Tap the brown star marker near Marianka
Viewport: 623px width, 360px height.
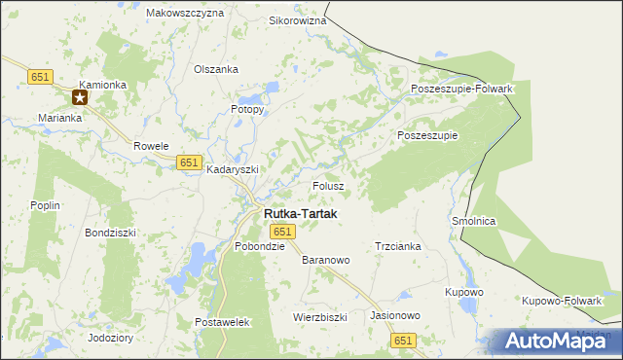coord(80,97)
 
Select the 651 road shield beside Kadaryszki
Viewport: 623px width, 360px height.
coord(190,162)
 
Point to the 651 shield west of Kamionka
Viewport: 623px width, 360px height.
coord(40,76)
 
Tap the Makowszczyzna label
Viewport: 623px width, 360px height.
coord(184,14)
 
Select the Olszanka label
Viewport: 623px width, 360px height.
coord(216,69)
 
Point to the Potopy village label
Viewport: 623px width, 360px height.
coord(247,109)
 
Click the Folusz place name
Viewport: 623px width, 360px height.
coord(328,185)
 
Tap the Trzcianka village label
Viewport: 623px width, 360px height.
coord(397,246)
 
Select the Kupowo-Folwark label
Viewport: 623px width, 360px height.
coord(562,300)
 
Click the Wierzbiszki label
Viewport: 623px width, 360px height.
coord(320,317)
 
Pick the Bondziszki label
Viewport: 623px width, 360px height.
coord(110,234)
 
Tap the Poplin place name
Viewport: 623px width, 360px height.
coord(46,205)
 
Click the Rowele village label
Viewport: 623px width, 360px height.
coord(152,146)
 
